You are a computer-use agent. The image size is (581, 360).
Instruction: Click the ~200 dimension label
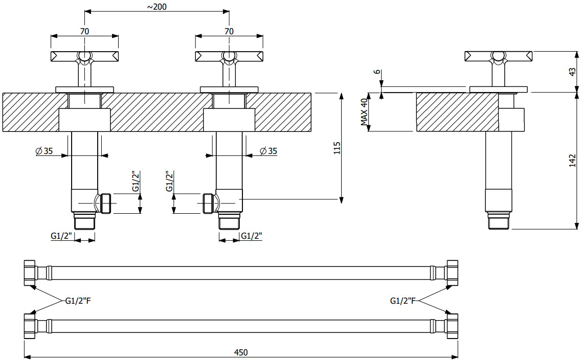click(157, 7)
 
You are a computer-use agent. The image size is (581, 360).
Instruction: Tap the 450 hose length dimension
click(241, 352)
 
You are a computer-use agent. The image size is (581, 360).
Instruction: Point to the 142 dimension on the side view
click(573, 161)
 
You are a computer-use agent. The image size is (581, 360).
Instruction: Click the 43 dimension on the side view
click(573, 72)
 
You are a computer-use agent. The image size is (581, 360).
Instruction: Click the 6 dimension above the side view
click(377, 72)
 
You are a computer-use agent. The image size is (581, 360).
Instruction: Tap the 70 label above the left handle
click(84, 32)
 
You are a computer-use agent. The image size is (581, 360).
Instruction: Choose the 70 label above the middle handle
click(229, 32)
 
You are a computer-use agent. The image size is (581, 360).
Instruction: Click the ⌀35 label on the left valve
click(44, 151)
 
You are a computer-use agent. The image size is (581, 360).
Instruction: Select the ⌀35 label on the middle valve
click(269, 151)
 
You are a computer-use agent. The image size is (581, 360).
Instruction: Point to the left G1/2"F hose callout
click(78, 301)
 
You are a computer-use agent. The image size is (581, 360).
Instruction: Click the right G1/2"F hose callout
click(403, 301)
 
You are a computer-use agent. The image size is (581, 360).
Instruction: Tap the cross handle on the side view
click(498, 56)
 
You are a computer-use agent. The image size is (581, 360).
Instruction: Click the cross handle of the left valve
click(84, 56)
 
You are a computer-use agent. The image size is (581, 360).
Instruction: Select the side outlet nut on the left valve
click(106, 203)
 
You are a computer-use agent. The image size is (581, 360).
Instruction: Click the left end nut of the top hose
click(30, 273)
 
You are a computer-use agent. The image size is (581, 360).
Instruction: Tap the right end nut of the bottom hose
click(452, 326)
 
